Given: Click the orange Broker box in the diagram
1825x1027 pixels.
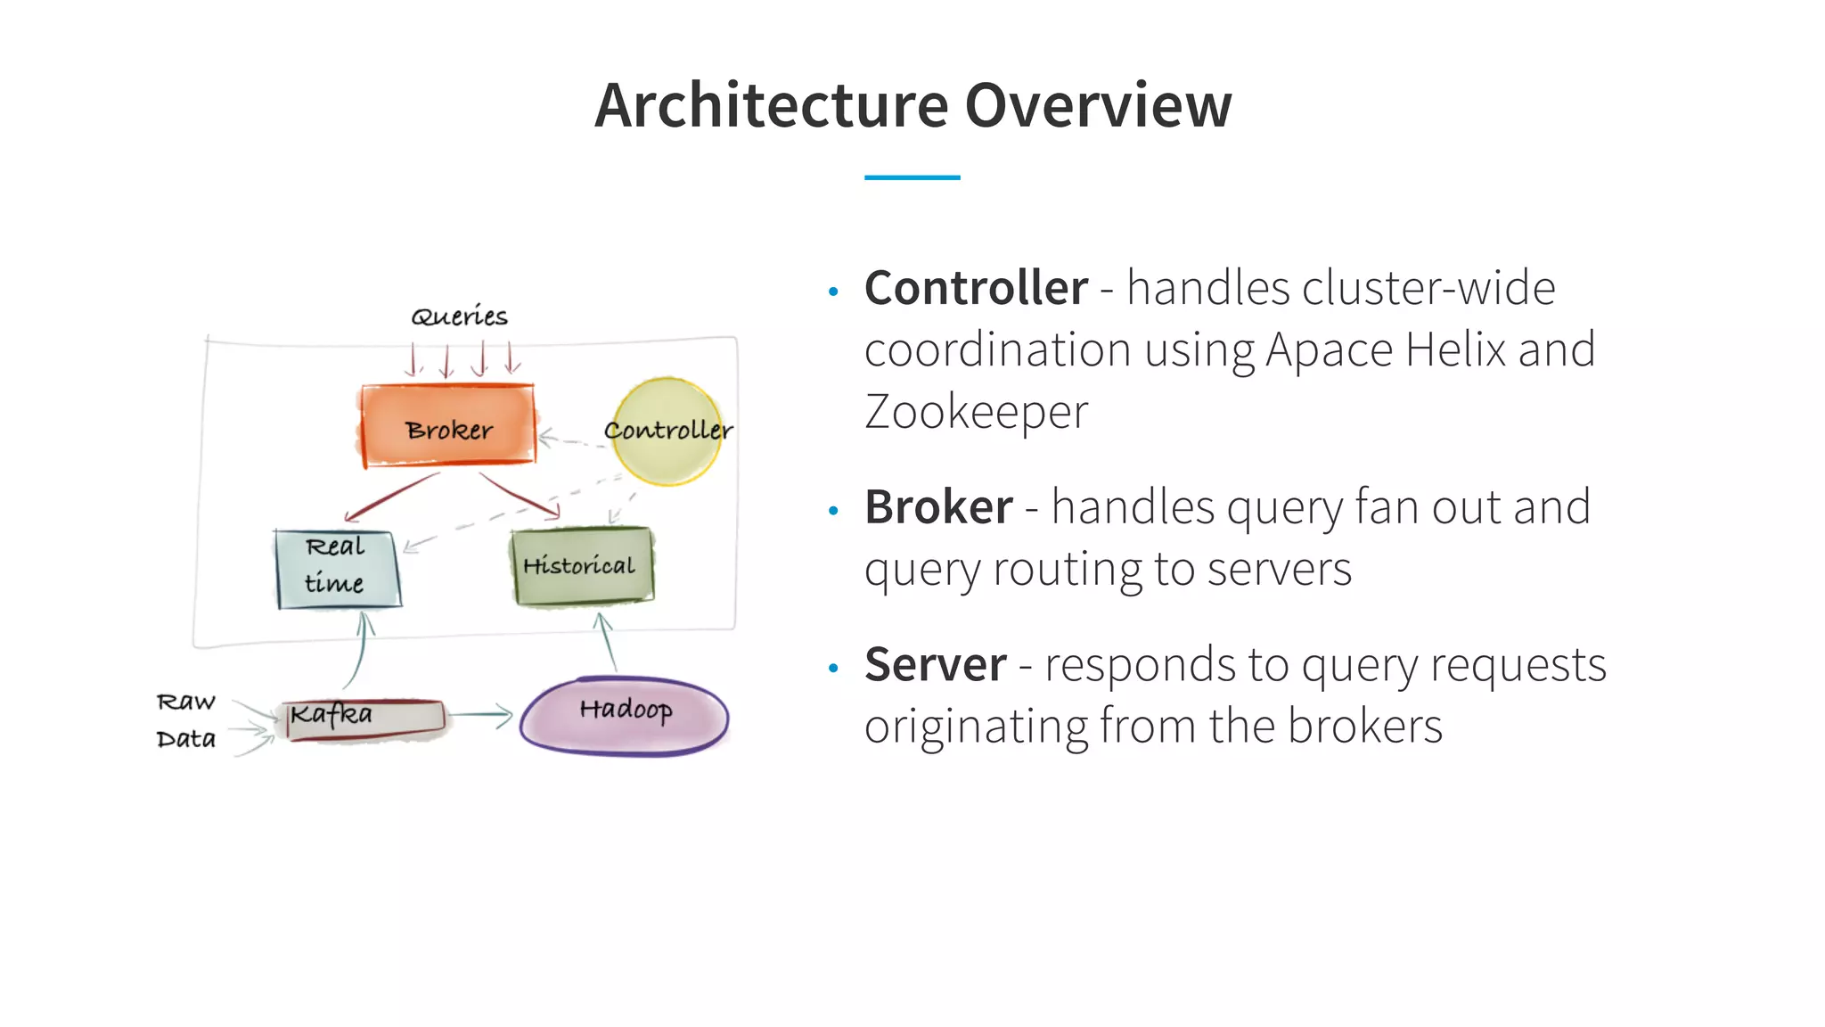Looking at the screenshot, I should coord(448,425).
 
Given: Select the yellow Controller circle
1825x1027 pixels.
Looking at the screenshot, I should coord(667,431).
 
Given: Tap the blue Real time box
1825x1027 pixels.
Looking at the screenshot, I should coord(337,569).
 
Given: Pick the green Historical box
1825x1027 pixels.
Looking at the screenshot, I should coord(581,566).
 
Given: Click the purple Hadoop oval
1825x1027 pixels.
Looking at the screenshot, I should coord(624,716).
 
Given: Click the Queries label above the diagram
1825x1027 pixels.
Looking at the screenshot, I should coord(459,316).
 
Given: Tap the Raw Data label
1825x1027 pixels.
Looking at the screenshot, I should coord(186,720).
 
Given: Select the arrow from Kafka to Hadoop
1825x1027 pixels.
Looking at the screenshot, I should coord(481,715).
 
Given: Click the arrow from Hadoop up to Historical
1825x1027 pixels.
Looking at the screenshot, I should coord(608,642).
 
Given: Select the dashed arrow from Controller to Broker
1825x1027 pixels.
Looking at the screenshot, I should coord(570,440).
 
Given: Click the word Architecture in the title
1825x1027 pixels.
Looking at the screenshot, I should coord(771,105).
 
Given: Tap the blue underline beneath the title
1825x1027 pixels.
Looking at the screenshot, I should coord(912,177).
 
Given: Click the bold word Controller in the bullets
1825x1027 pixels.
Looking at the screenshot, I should coord(976,288).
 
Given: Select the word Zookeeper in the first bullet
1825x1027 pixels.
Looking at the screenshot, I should coord(976,412).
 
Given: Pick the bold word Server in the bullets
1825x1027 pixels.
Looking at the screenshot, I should coord(935,665).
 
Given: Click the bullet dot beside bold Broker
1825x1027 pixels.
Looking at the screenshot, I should coord(833,511).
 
